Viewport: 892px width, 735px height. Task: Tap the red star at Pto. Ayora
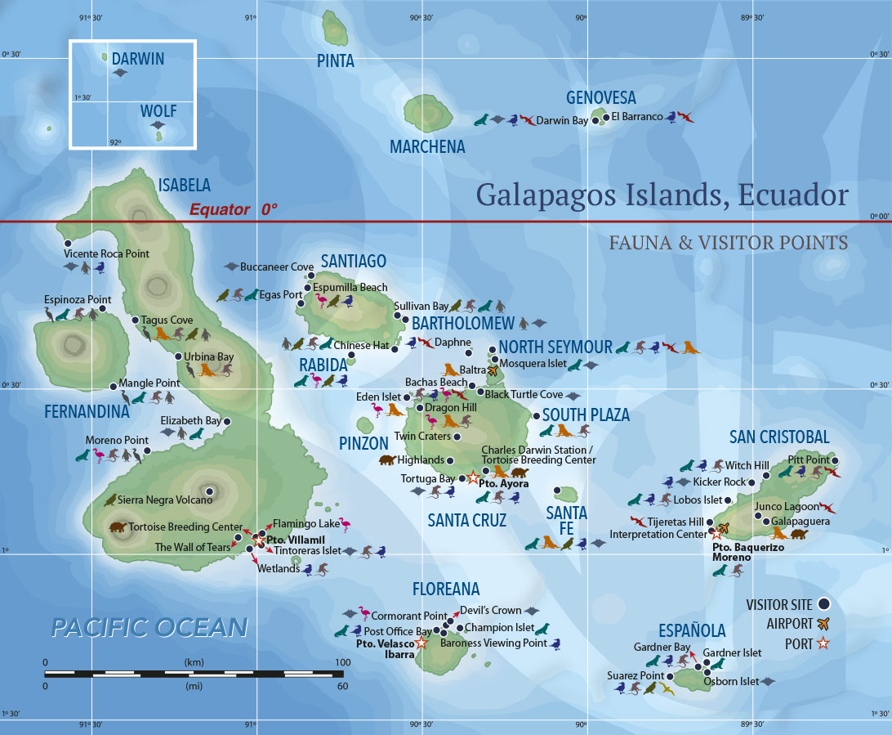(x=472, y=477)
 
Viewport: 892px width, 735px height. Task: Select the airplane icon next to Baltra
(x=492, y=370)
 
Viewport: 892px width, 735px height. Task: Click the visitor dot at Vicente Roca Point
(x=68, y=243)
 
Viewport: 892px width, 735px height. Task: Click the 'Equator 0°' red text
(x=234, y=209)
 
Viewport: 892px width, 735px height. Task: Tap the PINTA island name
(x=335, y=61)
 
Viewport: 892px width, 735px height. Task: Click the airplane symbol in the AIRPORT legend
(x=823, y=624)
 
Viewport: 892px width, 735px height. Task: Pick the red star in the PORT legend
(x=823, y=643)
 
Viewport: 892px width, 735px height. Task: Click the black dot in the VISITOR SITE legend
(x=823, y=604)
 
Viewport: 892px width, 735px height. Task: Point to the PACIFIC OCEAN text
(x=149, y=627)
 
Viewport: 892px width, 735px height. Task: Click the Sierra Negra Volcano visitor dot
(x=210, y=491)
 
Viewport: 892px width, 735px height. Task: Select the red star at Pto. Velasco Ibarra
(x=421, y=643)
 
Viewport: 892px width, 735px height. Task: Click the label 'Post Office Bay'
(x=398, y=631)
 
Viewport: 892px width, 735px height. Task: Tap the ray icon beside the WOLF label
(x=157, y=125)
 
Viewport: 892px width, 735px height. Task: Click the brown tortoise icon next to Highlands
(x=387, y=460)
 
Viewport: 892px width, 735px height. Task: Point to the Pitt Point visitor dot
(x=834, y=460)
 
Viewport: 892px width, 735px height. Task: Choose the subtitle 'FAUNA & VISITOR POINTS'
(x=729, y=243)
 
